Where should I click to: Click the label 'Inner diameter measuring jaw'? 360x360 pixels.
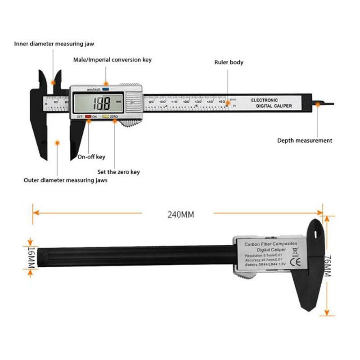click(54, 44)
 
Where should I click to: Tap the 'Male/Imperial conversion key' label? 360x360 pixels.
click(112, 59)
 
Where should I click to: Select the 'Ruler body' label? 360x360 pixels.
click(229, 62)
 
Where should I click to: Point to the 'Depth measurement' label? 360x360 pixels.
click(305, 140)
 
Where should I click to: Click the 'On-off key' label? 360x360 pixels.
click(91, 157)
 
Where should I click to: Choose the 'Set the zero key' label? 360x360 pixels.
click(119, 171)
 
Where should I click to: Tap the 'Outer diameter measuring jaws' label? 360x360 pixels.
click(65, 180)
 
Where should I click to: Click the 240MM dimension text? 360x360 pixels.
click(180, 215)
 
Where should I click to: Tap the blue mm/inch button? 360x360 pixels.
click(106, 89)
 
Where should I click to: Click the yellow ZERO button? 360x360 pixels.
click(106, 117)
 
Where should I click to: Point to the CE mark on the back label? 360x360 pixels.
click(297, 261)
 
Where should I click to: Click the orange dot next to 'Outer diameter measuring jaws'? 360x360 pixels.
click(57, 143)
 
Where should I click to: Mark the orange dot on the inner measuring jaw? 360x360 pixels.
click(54, 83)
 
